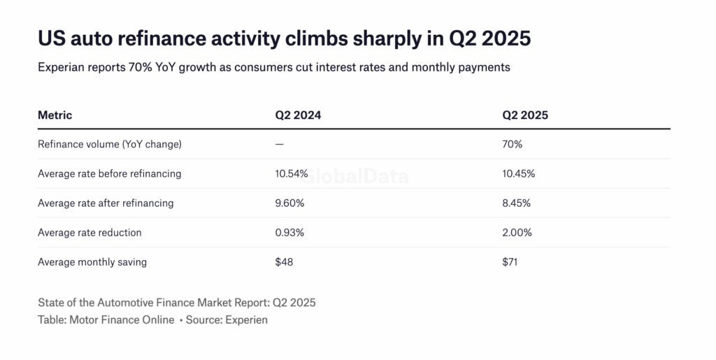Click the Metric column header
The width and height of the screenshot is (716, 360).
(x=55, y=115)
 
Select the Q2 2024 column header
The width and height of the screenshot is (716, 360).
(x=298, y=115)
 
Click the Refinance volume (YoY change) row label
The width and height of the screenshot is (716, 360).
(x=110, y=145)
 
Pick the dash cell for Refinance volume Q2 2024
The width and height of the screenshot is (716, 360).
(x=279, y=145)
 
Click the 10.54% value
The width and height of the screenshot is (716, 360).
(x=292, y=174)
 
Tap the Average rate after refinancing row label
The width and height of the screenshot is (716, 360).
(x=106, y=203)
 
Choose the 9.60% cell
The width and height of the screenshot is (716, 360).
(x=289, y=203)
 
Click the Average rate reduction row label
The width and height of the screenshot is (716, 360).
(x=89, y=233)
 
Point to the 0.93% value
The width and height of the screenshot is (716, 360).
(x=289, y=233)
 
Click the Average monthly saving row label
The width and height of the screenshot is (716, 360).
(x=92, y=262)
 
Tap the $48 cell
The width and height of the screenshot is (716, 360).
(x=283, y=262)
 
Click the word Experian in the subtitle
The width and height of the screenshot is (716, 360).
(x=61, y=67)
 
